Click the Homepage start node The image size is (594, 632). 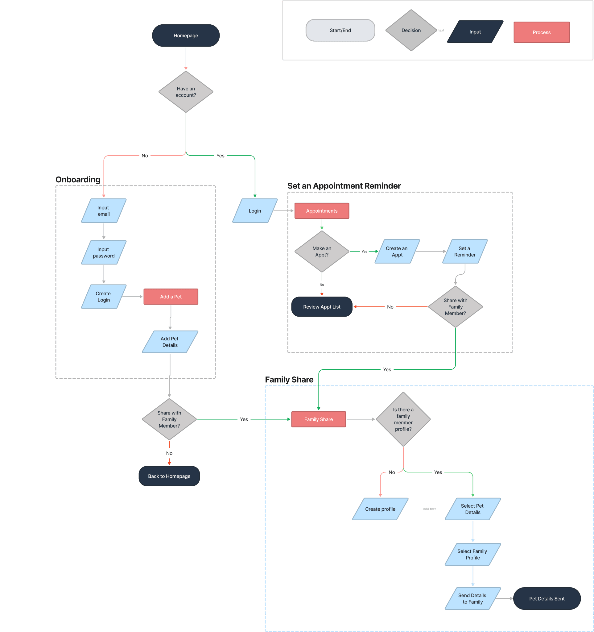tap(186, 35)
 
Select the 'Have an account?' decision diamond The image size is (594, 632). tap(186, 92)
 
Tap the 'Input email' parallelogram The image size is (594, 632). tap(104, 211)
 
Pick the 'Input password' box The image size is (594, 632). tap(104, 252)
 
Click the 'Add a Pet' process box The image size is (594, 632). tap(171, 297)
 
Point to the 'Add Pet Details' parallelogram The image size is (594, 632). tap(170, 342)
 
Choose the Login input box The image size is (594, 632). tap(255, 211)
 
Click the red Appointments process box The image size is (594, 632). tap(322, 211)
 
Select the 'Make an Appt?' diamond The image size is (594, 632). tap(322, 252)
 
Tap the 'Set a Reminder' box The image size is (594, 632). tap(465, 252)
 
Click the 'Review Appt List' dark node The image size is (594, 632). tap(322, 307)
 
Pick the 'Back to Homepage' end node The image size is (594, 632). tap(169, 476)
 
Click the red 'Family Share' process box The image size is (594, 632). tap(319, 419)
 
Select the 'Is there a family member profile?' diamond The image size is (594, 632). tap(403, 419)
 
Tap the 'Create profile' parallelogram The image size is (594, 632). tap(380, 509)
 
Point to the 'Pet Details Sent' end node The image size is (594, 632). tap(547, 599)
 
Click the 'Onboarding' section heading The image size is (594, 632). tap(78, 180)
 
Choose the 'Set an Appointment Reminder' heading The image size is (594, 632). tap(344, 186)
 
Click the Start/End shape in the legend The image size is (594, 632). tap(340, 31)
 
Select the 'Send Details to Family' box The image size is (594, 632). tap(473, 599)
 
